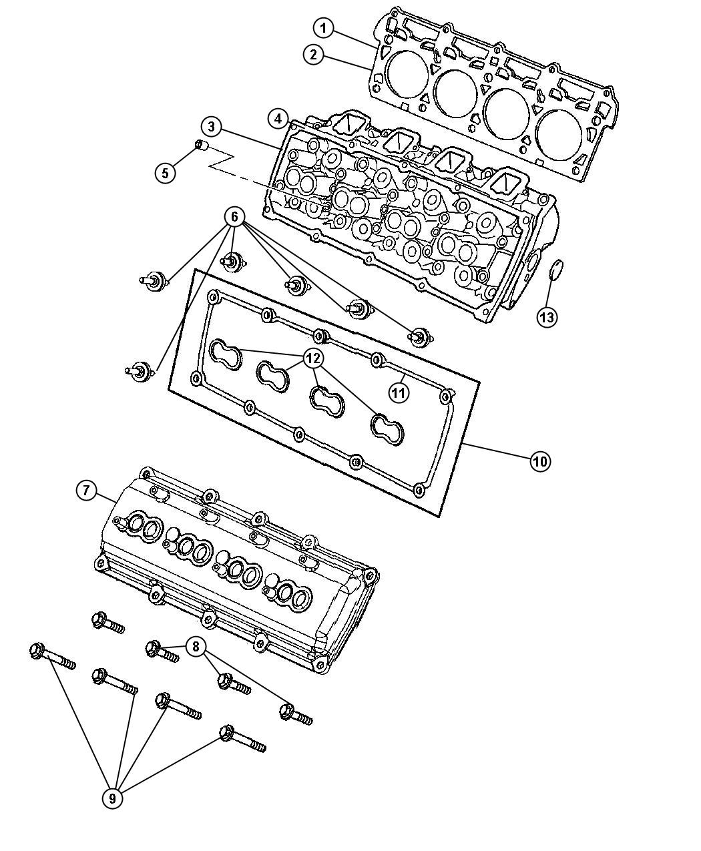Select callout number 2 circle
tap(313, 55)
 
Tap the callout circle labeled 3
tap(210, 126)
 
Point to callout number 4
tap(276, 119)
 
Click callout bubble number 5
tap(165, 173)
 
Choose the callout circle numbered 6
tap(234, 216)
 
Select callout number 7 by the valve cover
tap(85, 491)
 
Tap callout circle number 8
tap(196, 646)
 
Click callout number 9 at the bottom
tap(113, 796)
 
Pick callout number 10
tap(540, 461)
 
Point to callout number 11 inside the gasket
tap(399, 393)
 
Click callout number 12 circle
tap(312, 358)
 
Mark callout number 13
tap(547, 317)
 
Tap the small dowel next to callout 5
tap(202, 146)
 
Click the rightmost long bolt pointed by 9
tap(242, 739)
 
